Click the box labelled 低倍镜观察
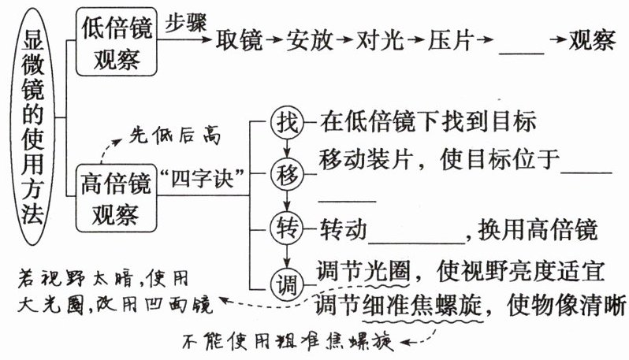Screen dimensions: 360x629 [117, 41]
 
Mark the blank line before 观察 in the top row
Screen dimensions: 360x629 [522, 50]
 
